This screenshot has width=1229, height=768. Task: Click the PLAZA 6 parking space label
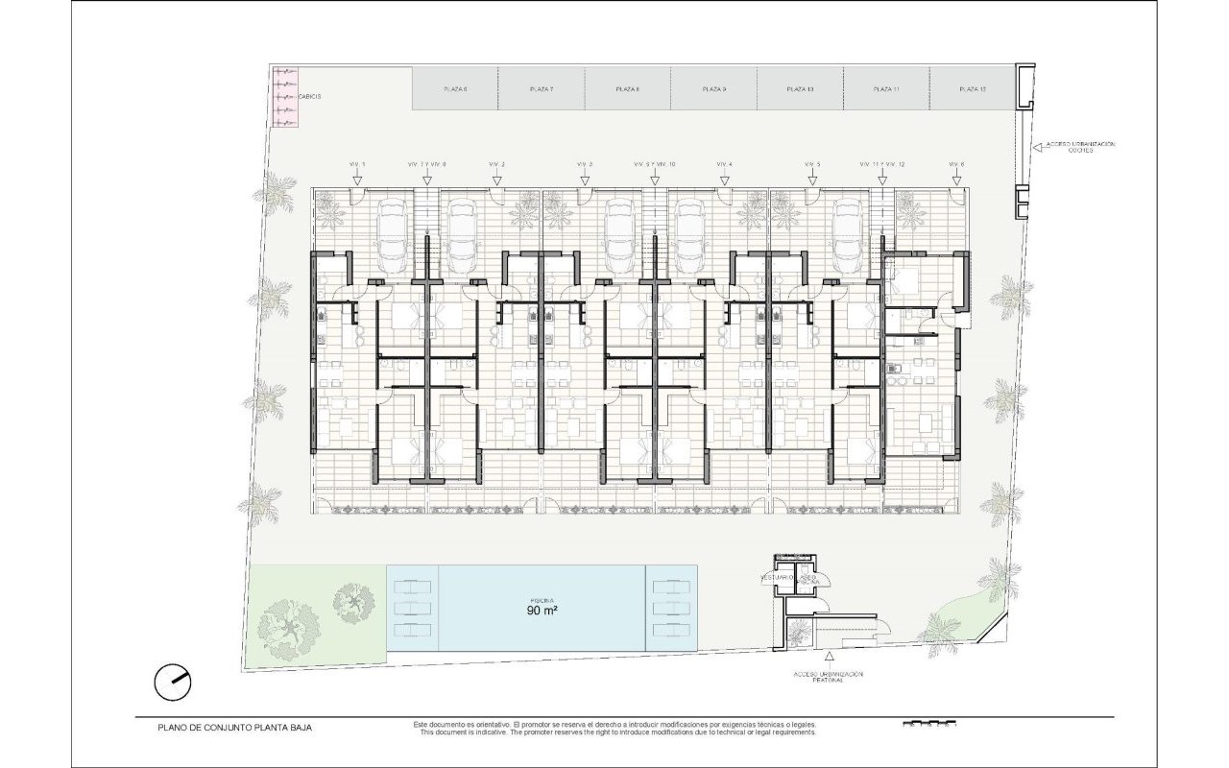(x=455, y=89)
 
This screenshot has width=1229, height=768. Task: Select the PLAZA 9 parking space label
(x=713, y=89)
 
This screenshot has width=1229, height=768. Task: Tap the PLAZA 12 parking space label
(x=973, y=89)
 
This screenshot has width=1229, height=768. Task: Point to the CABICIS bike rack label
(x=309, y=97)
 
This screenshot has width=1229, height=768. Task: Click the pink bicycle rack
(x=284, y=96)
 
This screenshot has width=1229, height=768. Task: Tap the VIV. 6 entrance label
(x=955, y=165)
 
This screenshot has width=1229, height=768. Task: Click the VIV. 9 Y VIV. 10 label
(x=655, y=165)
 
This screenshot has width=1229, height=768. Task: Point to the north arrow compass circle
(x=173, y=682)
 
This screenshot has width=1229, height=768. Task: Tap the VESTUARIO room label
(x=776, y=578)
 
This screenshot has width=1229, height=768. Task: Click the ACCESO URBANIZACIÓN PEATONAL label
(x=829, y=677)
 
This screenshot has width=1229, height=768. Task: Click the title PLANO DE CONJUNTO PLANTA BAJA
(x=234, y=728)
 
